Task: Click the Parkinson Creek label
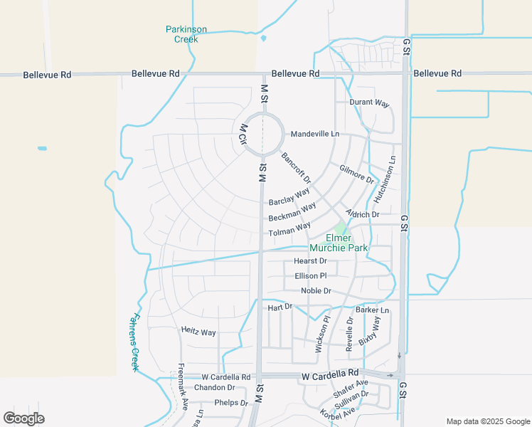pos(186,34)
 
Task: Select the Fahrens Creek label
pos(135,342)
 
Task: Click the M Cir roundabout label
pos(243,135)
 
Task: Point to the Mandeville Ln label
pos(315,134)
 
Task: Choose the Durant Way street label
pos(370,102)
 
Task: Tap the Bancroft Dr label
pos(296,168)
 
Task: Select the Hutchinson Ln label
pos(389,181)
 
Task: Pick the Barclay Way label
pos(289,196)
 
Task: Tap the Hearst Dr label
pos(310,261)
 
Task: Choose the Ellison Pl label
pos(310,275)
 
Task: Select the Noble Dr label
pos(316,291)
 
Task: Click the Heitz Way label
pos(198,332)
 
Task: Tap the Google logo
pos(23,418)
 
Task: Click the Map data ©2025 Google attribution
pos(487,421)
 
